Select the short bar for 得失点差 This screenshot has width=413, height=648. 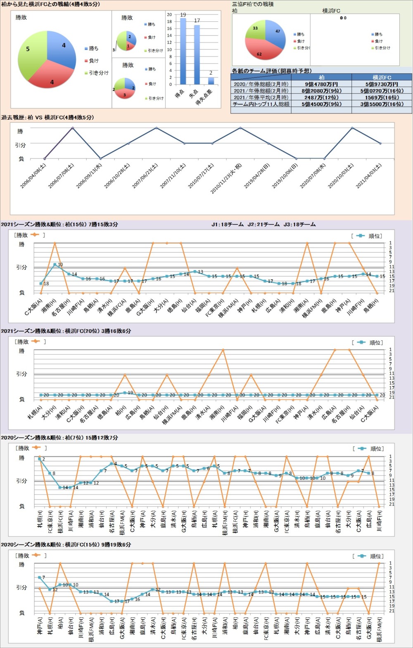tap(211, 81)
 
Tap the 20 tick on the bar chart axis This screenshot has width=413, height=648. tap(169, 14)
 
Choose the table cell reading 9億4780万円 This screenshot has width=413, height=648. tap(321, 84)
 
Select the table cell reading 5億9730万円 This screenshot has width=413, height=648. tap(382, 84)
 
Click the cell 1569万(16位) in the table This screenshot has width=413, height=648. tap(382, 97)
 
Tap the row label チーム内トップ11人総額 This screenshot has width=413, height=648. tap(261, 104)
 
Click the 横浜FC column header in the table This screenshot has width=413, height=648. tap(382, 77)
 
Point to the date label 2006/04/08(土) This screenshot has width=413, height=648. tap(33, 176)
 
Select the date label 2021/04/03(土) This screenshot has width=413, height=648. tap(369, 176)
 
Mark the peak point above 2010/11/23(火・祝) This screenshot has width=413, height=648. tap(240, 128)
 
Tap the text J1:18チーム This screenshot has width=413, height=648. tap(228, 224)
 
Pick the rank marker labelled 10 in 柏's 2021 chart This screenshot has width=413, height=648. tap(55, 264)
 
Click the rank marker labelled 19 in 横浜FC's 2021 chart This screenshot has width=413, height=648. tap(125, 393)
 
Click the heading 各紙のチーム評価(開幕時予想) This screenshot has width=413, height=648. tap(272, 71)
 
